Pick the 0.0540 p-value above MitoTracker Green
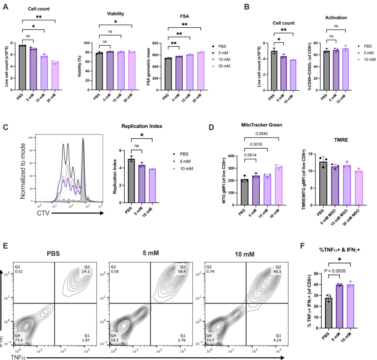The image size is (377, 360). [261, 133]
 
